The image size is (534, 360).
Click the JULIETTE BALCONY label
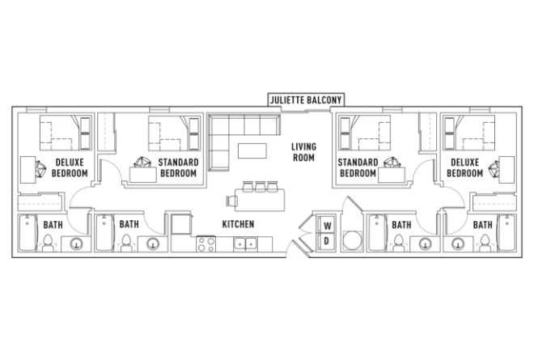[x=307, y=100]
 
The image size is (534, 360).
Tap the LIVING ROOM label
[x=303, y=152]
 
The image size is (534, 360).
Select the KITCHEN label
[x=239, y=224]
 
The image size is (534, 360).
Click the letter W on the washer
[x=327, y=226]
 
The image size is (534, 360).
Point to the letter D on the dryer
[x=327, y=241]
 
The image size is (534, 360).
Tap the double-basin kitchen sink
[x=244, y=243]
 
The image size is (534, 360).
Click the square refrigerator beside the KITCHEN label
[x=180, y=224]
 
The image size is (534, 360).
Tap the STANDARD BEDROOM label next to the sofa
[x=179, y=167]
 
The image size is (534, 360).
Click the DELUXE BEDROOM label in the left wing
[x=70, y=167]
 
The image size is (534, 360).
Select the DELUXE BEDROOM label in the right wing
[x=465, y=167]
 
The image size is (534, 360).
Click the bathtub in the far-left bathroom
[x=26, y=235]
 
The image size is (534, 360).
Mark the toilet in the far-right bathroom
[x=485, y=242]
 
